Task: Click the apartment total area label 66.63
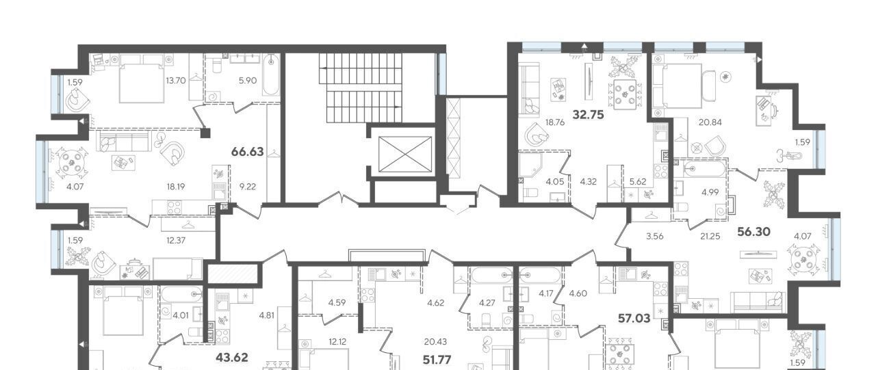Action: tap(248, 152)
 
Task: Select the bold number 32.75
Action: tap(588, 115)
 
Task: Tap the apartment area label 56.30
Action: tap(753, 232)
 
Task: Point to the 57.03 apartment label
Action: tap(634, 319)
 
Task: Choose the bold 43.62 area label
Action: tap(232, 358)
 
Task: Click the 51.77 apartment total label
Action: tap(437, 360)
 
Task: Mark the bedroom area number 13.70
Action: tap(175, 81)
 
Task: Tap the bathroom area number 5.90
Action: tap(248, 81)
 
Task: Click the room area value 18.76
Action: tap(555, 122)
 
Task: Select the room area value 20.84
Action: tap(710, 122)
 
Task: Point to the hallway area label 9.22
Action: tap(248, 187)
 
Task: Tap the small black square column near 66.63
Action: tap(205, 133)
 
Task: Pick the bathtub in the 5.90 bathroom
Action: tap(270, 75)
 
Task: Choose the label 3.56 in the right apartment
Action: tap(655, 236)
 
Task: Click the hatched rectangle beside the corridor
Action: tap(233, 273)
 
